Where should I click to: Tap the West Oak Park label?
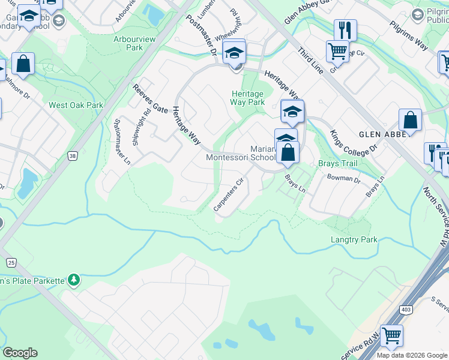coord(76,105)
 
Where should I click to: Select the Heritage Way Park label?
coord(247,98)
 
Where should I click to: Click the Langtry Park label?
coord(354,239)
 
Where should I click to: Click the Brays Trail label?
coord(337,163)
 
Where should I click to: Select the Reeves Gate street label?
coord(150,98)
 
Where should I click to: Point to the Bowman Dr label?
coord(343,178)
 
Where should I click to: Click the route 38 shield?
coord(73,156)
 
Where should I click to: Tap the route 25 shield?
coord(11,262)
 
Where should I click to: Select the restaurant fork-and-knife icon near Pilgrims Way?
coord(345,29)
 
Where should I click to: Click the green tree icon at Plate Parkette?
coord(73,279)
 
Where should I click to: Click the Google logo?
coord(20,353)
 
